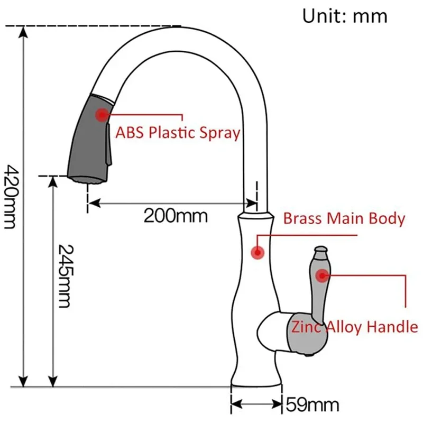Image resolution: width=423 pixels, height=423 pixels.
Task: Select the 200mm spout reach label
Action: click(176, 216)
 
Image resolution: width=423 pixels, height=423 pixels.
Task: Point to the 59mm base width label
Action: click(312, 405)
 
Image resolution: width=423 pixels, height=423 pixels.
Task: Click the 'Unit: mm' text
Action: click(344, 15)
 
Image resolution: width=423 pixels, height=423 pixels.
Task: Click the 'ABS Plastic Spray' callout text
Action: click(178, 132)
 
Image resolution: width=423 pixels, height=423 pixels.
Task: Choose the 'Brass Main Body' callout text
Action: click(344, 218)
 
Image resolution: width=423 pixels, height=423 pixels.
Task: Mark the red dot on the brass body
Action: click(258, 253)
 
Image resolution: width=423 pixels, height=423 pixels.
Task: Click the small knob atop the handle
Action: click(320, 249)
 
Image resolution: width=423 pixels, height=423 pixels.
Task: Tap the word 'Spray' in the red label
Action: click(219, 132)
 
